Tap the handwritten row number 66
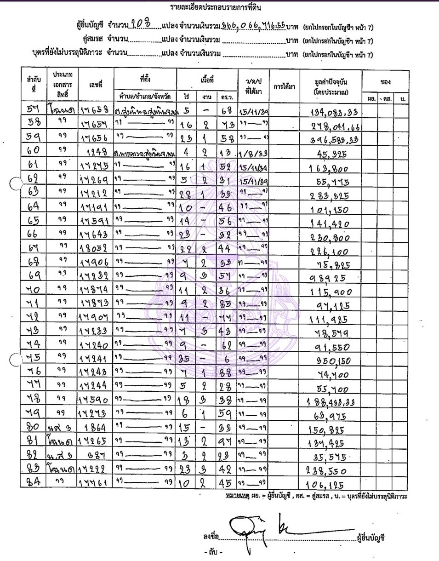coord(34,234)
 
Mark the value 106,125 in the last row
coord(331,484)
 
